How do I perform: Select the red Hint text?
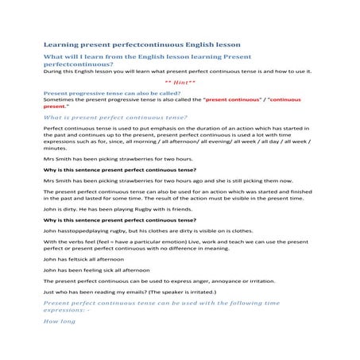[179, 83]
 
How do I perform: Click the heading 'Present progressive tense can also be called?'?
[99, 93]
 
